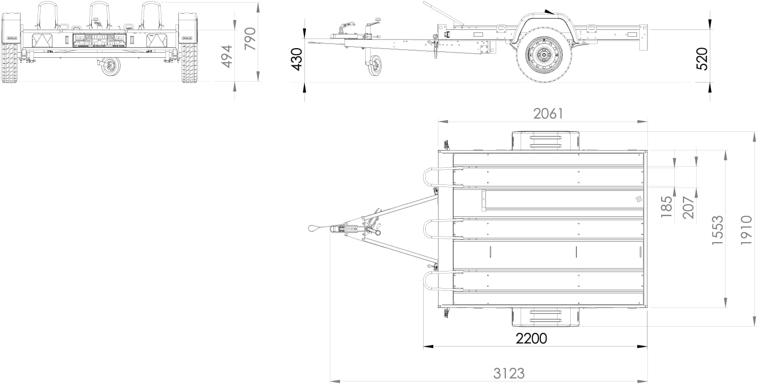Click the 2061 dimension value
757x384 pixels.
coord(548,114)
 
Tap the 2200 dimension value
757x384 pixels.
coord(531,338)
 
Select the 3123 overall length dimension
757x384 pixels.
coord(509,373)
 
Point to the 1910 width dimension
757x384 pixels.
coord(746,230)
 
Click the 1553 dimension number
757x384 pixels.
coord(717,230)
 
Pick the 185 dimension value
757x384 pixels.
coord(666,207)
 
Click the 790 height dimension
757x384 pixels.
coord(250,39)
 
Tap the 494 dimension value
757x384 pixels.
coord(226,56)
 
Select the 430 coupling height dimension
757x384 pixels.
coord(297,59)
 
